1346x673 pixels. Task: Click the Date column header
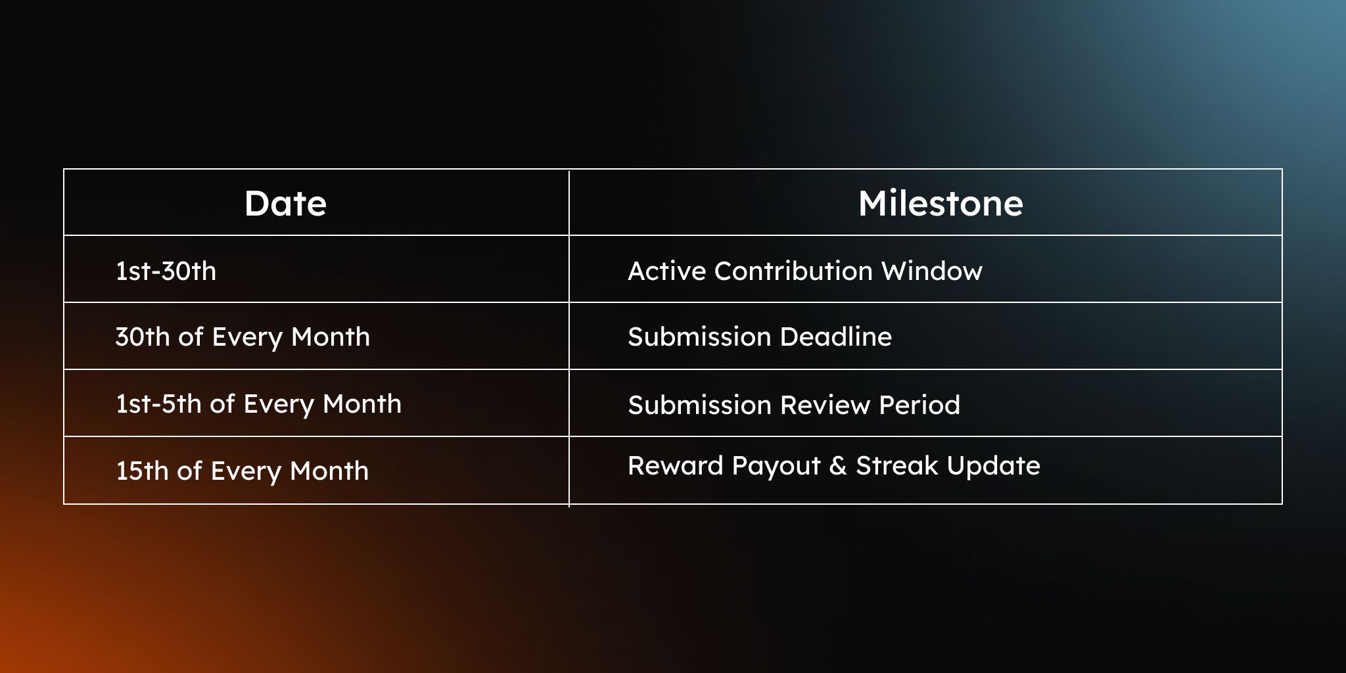point(285,203)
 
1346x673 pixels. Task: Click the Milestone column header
point(940,203)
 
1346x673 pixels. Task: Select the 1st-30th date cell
point(166,271)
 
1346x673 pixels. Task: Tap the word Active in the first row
point(666,271)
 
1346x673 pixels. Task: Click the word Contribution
point(793,271)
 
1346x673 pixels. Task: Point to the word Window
point(931,271)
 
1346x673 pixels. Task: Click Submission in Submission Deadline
point(699,336)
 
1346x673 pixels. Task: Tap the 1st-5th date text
point(158,404)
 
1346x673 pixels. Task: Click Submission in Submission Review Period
point(699,405)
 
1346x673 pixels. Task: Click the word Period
point(919,405)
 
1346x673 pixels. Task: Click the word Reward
point(676,465)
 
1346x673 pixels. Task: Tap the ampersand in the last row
point(838,465)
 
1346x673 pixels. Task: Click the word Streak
point(897,465)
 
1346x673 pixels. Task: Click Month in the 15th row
point(329,471)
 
